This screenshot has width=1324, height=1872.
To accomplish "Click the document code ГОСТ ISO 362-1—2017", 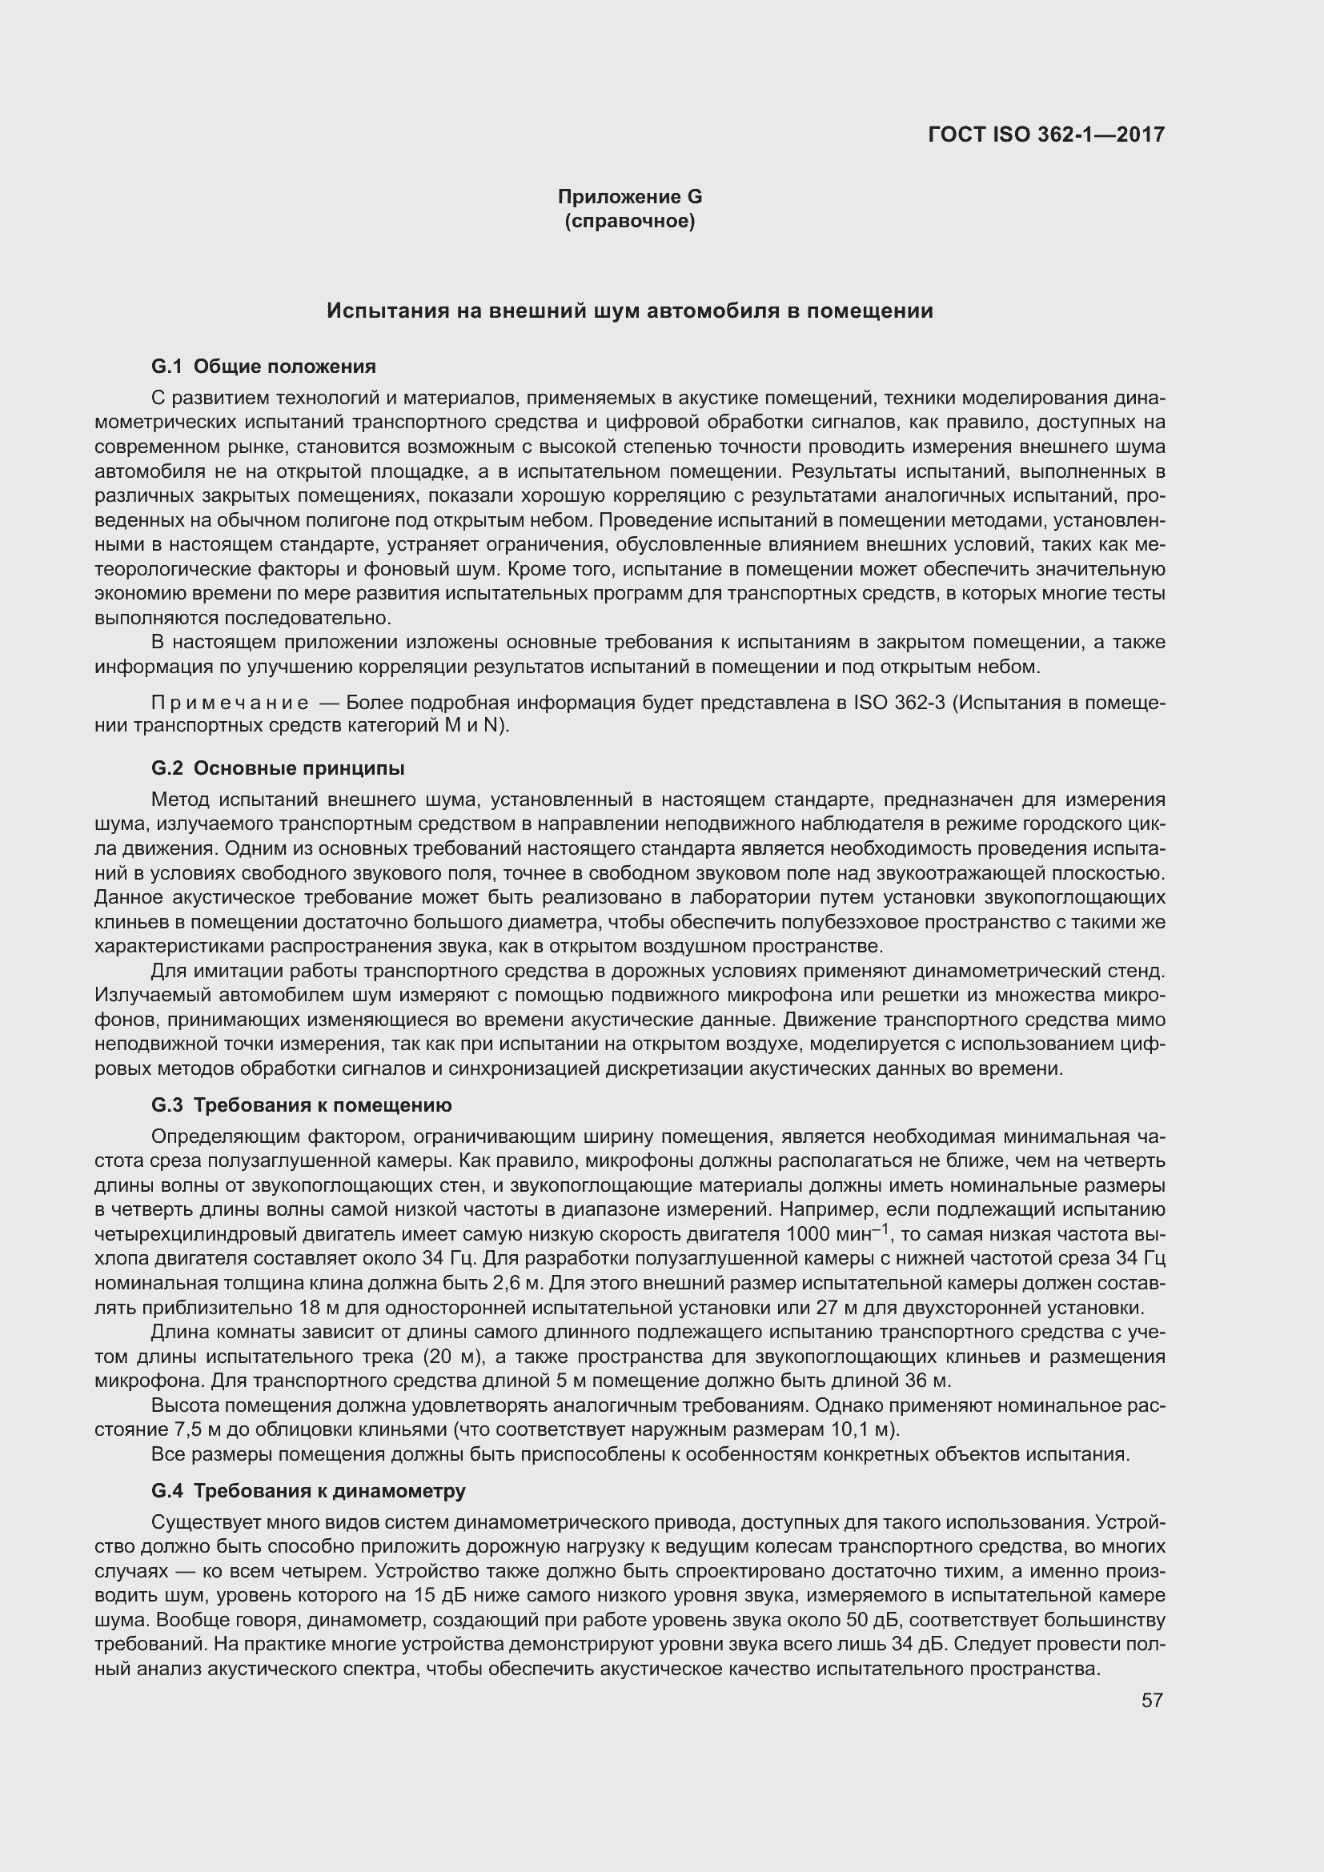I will [1046, 134].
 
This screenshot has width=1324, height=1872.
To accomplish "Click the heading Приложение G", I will [629, 197].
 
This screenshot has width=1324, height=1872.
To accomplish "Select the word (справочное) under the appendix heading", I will [629, 221].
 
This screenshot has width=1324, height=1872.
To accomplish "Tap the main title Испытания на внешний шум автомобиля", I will [629, 311].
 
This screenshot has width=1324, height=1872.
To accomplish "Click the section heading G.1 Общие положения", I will [263, 366].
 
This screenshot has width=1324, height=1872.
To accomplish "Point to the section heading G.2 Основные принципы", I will [277, 768].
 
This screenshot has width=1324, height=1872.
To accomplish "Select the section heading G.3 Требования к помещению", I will [301, 1104].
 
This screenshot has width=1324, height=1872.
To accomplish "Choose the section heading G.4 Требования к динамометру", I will [308, 1490].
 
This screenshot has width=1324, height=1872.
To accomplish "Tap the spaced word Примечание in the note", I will [230, 704].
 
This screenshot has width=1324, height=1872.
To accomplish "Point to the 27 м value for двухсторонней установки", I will [820, 1308].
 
